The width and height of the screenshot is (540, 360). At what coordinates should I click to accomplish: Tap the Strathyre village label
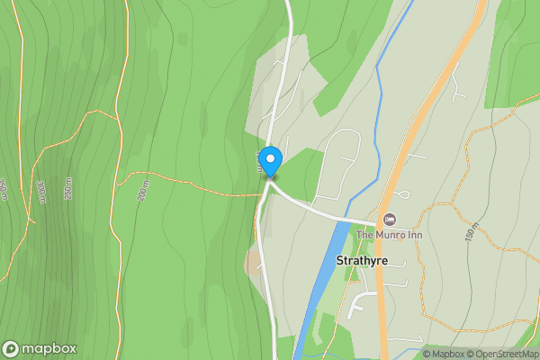click(361, 260)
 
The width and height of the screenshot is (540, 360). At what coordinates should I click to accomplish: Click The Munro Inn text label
click(389, 235)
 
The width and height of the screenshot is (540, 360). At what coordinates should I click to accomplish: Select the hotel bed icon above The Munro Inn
click(390, 220)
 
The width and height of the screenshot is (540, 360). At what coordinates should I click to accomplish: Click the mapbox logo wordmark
click(49, 348)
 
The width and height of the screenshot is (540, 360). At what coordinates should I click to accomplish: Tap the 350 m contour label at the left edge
click(4, 190)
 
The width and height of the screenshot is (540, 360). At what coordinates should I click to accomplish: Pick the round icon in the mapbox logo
click(11, 348)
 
